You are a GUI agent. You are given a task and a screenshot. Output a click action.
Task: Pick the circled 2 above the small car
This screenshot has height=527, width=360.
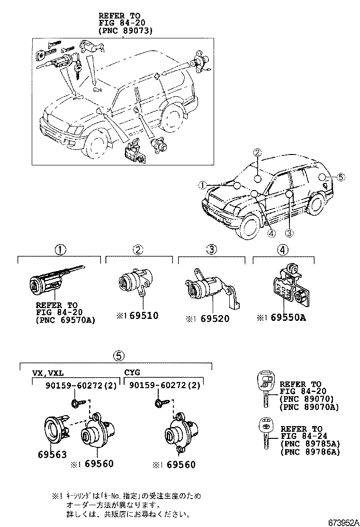(257, 152)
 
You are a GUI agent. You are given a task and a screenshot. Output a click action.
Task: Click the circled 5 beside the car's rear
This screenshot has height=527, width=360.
(342, 178)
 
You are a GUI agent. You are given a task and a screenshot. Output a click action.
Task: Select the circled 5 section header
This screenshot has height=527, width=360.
(118, 355)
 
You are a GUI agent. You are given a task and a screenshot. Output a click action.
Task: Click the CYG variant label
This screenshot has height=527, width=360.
(132, 372)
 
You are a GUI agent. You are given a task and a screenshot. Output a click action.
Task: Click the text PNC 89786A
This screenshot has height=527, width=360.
(310, 452)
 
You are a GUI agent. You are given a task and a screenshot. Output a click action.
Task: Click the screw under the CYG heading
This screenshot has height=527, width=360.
(160, 404)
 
